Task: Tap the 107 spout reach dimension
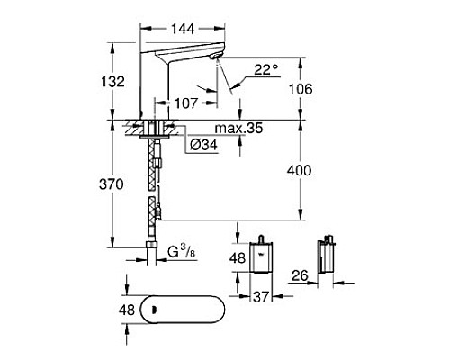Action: coord(186,103)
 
